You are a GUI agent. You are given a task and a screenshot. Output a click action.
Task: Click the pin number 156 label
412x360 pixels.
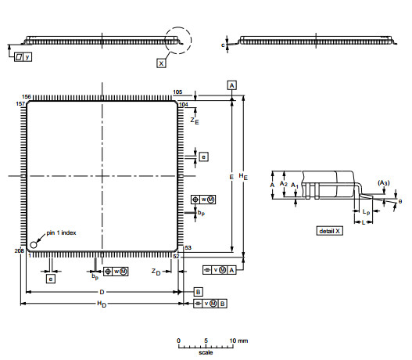point(27,95)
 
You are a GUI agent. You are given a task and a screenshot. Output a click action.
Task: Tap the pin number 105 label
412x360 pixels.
point(177,92)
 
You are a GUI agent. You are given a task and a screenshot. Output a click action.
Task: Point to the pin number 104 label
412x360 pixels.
point(184,104)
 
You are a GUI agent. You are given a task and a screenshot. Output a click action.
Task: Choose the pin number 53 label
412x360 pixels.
point(188,248)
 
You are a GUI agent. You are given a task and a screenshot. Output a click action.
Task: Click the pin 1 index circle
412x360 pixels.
point(34,243)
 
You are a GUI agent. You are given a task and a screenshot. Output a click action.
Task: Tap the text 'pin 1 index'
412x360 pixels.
point(61,232)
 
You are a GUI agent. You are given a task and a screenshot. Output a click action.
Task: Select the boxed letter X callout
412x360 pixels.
point(161,63)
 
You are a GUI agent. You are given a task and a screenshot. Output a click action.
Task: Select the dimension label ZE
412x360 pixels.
point(195,121)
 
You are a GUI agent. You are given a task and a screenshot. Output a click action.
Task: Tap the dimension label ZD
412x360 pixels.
point(156,272)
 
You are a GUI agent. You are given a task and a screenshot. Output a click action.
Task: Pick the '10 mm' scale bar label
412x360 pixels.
point(238,340)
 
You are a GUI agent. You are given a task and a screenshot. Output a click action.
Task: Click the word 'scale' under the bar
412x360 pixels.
point(206,353)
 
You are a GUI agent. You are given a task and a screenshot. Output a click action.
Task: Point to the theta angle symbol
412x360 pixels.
point(399,201)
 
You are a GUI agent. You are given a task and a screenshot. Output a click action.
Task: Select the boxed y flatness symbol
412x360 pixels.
point(23,57)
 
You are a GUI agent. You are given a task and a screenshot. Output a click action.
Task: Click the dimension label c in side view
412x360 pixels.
point(224,46)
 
